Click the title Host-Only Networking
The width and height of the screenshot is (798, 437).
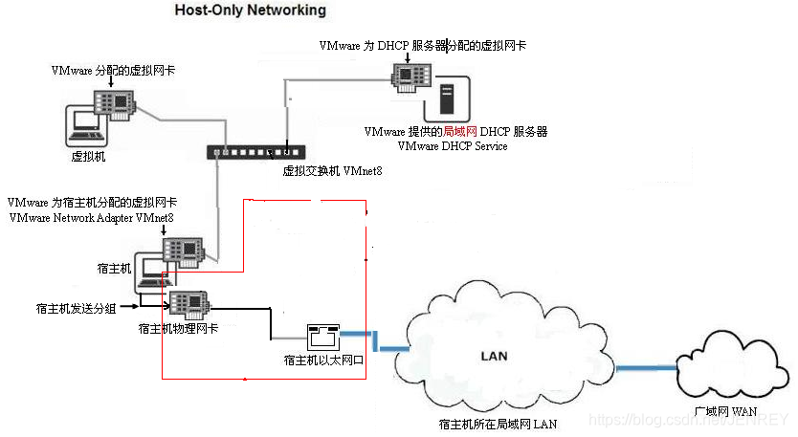250,11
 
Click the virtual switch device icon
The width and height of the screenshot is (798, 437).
256,151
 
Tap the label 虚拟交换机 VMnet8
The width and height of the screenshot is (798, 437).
332,171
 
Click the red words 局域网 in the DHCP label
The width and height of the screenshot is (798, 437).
460,131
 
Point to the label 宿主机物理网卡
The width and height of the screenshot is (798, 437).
178,329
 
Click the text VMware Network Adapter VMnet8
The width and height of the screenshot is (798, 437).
91,218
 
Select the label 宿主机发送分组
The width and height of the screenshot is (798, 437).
73,308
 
